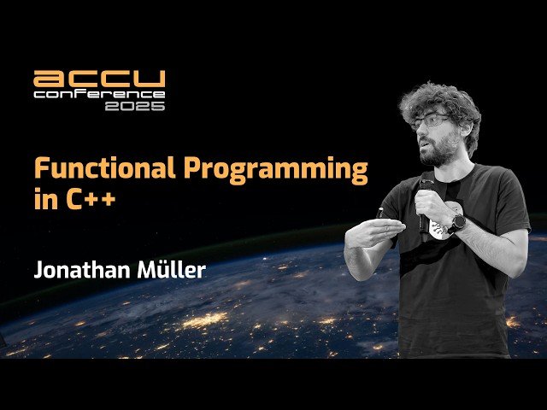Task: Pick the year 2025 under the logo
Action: click(x=135, y=106)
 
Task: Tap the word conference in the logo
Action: click(x=99, y=93)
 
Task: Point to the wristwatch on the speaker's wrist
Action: click(x=459, y=223)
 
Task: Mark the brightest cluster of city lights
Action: click(x=205, y=321)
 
